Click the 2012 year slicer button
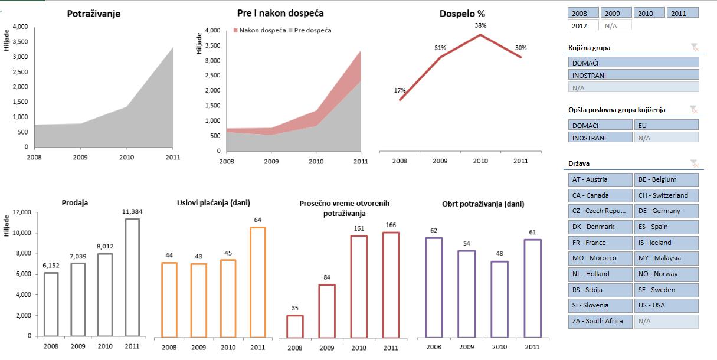click(582, 25)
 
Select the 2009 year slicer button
click(615, 13)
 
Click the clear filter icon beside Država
click(694, 163)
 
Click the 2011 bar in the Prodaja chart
click(132, 277)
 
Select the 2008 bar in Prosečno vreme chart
click(295, 326)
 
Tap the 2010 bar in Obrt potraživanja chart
click(499, 299)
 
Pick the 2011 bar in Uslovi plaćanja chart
click(258, 282)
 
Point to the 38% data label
click(480, 25)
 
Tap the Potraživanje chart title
click(94, 13)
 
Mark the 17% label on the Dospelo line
click(400, 90)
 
